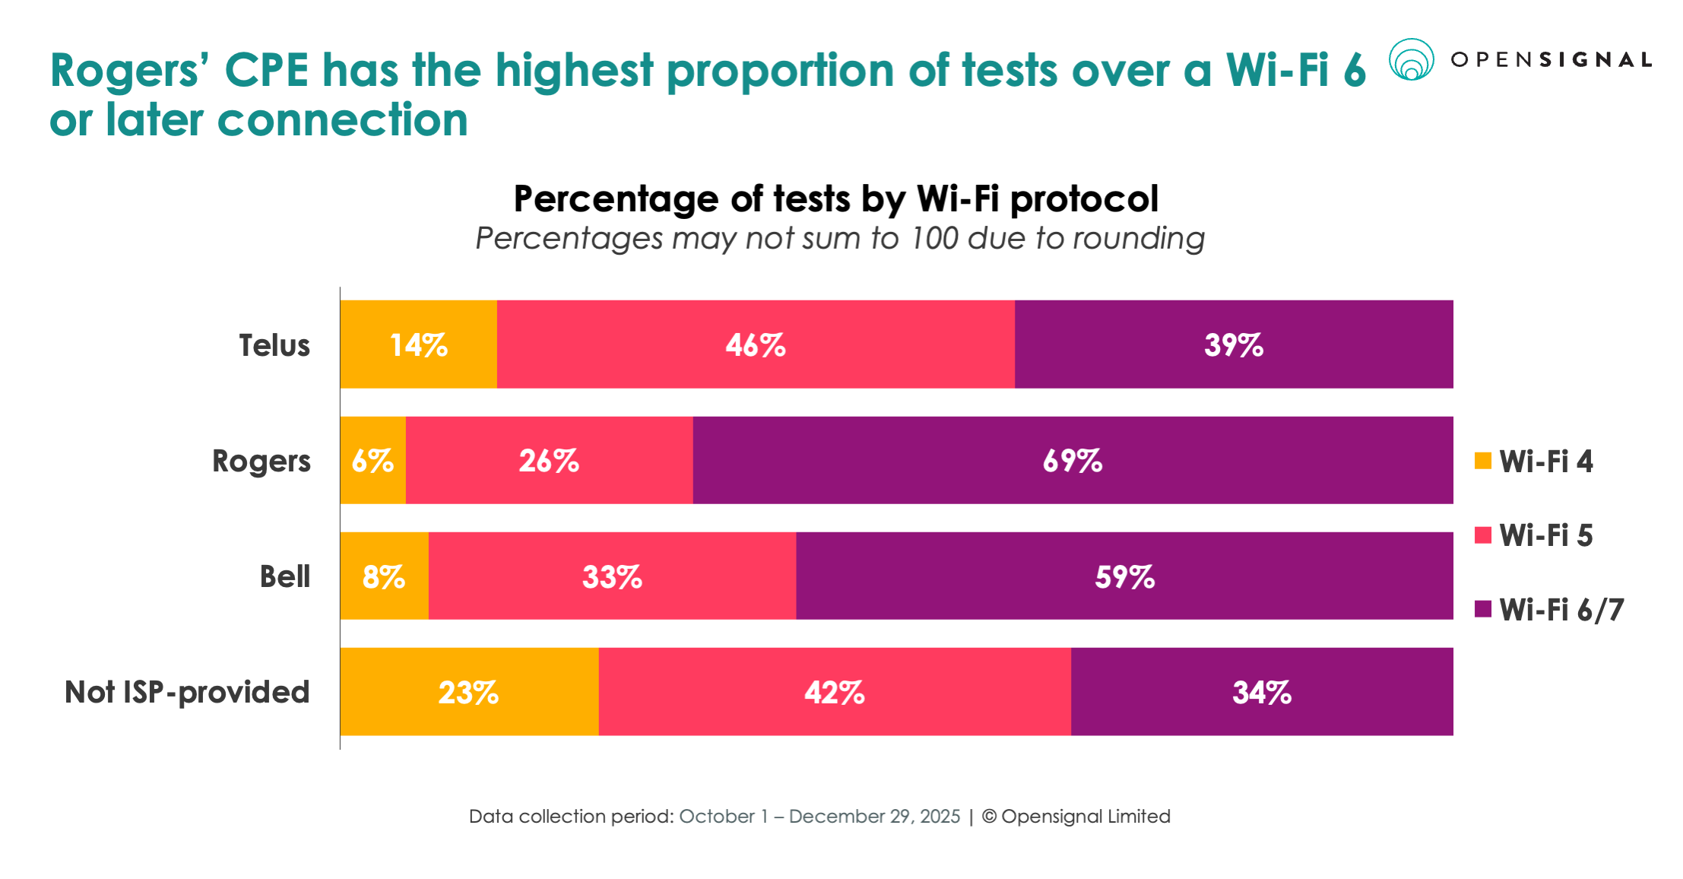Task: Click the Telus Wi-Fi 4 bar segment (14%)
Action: tap(418, 344)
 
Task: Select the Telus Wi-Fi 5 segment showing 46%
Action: tap(755, 344)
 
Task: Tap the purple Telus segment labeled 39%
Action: tap(1233, 344)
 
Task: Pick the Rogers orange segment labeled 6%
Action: tap(372, 460)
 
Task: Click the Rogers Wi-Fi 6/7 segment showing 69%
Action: tap(1072, 460)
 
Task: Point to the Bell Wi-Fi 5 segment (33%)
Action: tap(612, 576)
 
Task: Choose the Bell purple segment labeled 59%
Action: tap(1124, 576)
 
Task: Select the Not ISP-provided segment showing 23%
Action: tap(468, 692)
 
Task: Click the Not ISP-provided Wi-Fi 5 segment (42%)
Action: tap(834, 692)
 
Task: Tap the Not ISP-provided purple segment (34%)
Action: tap(1261, 692)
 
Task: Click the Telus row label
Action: tap(274, 345)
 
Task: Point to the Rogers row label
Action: tap(261, 461)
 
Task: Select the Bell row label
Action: tap(284, 576)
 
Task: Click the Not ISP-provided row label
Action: tap(187, 692)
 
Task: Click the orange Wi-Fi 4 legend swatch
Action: tap(1482, 461)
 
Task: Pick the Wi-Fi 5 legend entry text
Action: tap(1545, 535)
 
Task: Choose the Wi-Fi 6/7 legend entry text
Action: tap(1561, 610)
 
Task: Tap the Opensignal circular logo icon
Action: tap(1411, 59)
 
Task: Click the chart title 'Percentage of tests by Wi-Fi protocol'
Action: tap(835, 199)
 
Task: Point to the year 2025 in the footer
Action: tap(940, 816)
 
